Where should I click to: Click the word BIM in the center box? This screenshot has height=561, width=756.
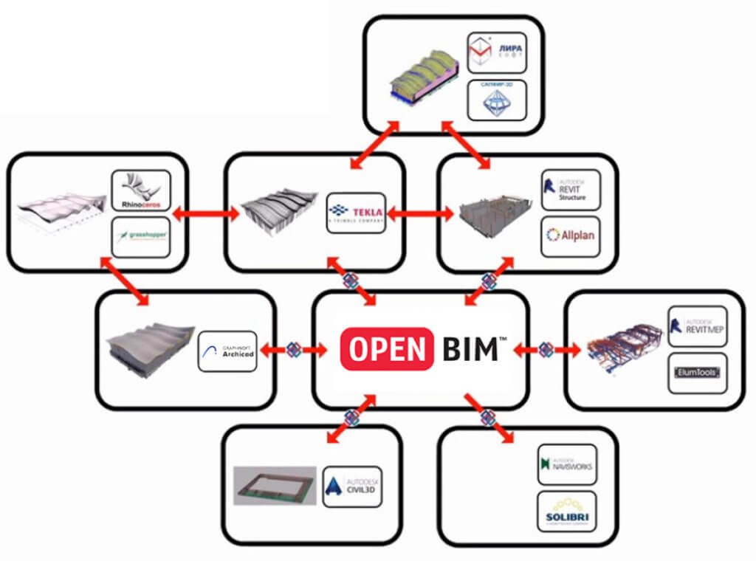coord(470,348)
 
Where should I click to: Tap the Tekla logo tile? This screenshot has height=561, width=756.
coord(355,213)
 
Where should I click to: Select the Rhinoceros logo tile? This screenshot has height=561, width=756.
coord(141,190)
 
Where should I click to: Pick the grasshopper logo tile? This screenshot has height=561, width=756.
coord(141,237)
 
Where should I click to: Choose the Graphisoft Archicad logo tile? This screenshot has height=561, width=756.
coord(227,351)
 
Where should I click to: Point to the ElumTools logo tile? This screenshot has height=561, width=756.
coord(697,374)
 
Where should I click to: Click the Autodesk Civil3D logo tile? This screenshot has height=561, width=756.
coord(352,486)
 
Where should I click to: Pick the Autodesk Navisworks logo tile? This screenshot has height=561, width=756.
coord(567,464)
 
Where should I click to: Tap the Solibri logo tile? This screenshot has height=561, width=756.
coord(567,512)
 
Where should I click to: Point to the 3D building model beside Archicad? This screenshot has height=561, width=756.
coord(151,350)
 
